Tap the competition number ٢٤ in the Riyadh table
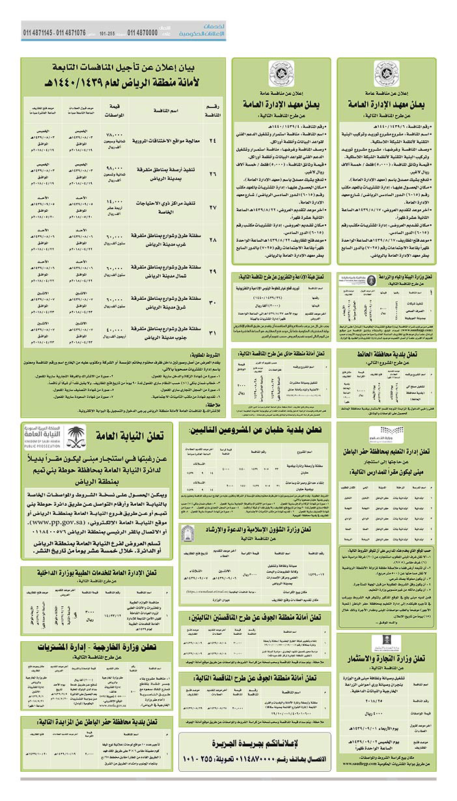pyautogui.click(x=212, y=139)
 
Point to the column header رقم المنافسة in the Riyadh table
pyautogui.click(x=212, y=111)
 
